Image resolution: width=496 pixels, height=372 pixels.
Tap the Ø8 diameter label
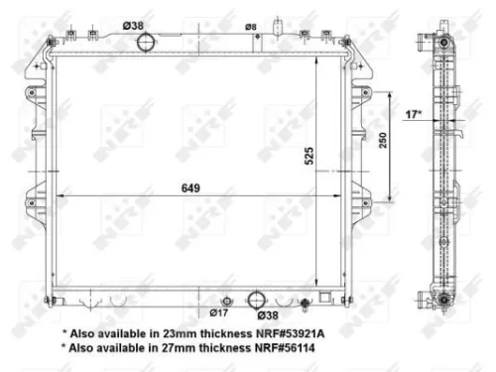click(x=251, y=27)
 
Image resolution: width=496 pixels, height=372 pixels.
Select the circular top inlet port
click(x=147, y=43)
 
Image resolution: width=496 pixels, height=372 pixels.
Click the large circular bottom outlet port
click(x=255, y=299)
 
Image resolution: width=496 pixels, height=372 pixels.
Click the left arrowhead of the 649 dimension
click(x=57, y=196)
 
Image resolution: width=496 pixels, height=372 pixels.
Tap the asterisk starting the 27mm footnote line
click(x=64, y=348)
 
